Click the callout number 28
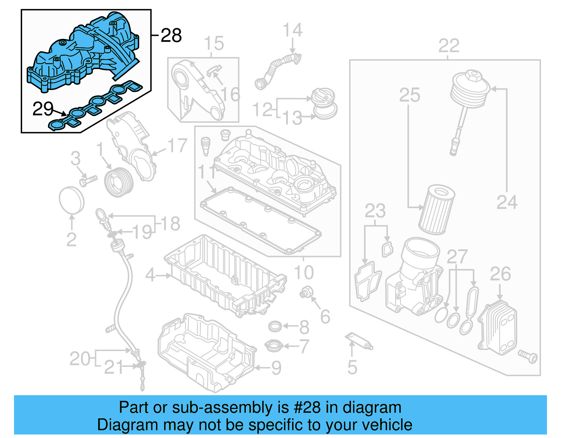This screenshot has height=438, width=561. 171,35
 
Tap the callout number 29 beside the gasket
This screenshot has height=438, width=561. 43,109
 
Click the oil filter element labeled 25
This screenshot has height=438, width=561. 437,210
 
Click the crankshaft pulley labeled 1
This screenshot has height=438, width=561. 119,182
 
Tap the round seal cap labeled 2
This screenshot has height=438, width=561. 72,200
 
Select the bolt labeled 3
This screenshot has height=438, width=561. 88,181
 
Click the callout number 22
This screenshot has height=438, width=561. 449,46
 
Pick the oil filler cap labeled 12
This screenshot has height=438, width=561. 323,97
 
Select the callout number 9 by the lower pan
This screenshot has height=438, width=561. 276,368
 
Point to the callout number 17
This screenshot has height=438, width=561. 177,146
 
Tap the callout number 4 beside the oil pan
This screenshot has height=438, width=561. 150,275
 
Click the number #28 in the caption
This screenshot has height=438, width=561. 307,407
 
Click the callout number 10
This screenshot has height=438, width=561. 304,272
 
